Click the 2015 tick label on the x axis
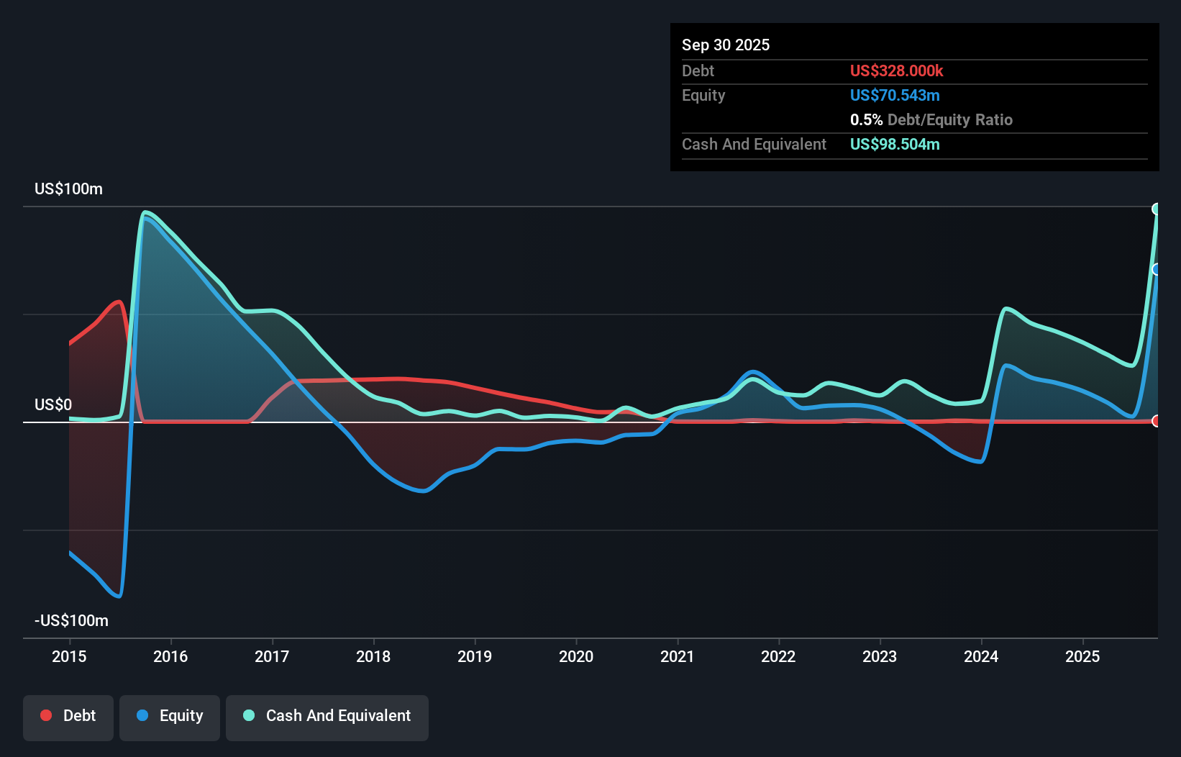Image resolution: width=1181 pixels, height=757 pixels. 69,656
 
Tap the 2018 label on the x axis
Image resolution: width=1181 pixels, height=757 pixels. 373,656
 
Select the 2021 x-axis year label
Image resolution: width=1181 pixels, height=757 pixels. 678,656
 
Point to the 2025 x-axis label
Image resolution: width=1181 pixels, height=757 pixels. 1082,656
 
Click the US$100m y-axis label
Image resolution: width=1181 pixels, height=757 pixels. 68,189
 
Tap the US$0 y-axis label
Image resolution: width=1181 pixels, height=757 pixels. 53,405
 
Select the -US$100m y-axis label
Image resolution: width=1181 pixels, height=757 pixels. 71,621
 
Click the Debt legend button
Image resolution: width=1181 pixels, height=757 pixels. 68,716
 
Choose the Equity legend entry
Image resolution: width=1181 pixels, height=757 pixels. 170,716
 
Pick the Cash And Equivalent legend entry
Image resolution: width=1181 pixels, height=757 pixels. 327,716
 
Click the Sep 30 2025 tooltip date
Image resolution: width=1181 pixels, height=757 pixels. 726,45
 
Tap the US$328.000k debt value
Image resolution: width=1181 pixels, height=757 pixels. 896,71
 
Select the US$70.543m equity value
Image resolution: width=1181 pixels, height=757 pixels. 895,96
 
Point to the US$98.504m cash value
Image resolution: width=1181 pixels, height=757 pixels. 895,145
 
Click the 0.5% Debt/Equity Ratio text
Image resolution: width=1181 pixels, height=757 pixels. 931,120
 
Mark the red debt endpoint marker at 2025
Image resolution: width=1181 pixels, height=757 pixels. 1156,421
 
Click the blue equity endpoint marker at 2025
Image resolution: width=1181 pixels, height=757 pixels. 1156,270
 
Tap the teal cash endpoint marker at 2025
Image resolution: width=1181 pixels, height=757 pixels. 1156,209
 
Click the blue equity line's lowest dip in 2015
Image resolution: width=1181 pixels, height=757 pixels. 119,596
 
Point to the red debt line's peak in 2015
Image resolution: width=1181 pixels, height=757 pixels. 119,302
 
